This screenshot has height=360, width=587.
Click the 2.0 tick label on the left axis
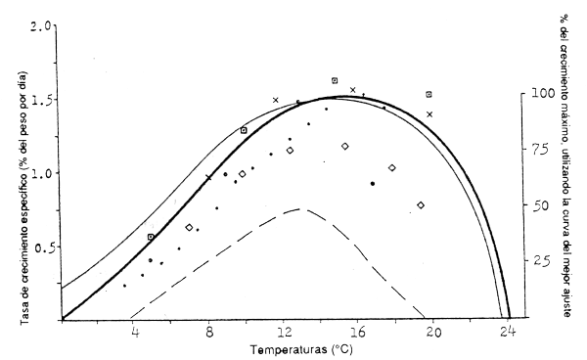coord(40,22)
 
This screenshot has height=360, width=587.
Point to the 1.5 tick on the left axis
coord(40,99)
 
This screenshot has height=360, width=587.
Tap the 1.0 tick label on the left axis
coord(40,173)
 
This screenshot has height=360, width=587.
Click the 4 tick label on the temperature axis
coord(135,333)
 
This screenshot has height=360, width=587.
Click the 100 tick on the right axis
coord(535,95)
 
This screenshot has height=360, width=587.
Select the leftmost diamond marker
coord(189,227)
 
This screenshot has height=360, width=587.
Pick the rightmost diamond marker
coord(421,205)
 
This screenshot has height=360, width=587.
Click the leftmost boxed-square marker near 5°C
coord(151,237)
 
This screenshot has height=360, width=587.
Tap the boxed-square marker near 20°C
coord(429,94)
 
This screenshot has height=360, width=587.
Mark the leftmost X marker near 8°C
coord(208,177)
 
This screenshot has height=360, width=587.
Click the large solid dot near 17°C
coord(373,183)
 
